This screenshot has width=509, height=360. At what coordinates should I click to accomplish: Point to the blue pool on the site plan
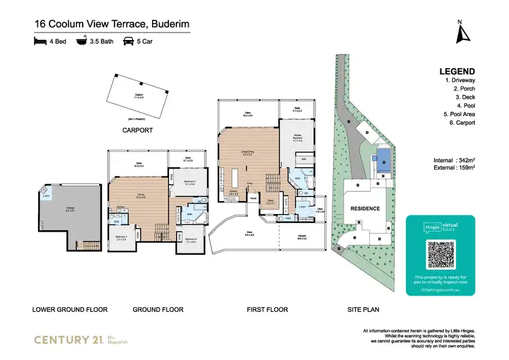pos(383,160)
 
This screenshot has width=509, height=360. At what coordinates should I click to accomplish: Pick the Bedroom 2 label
pos(121,238)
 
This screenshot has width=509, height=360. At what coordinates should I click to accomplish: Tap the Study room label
pos(271,202)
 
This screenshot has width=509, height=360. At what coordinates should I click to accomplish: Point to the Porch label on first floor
pos(253,199)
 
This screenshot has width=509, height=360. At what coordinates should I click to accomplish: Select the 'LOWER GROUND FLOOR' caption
pos(70,309)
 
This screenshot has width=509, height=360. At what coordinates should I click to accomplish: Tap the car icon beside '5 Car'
pos(127,41)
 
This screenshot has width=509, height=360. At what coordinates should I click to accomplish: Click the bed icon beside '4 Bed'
pos(41,41)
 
